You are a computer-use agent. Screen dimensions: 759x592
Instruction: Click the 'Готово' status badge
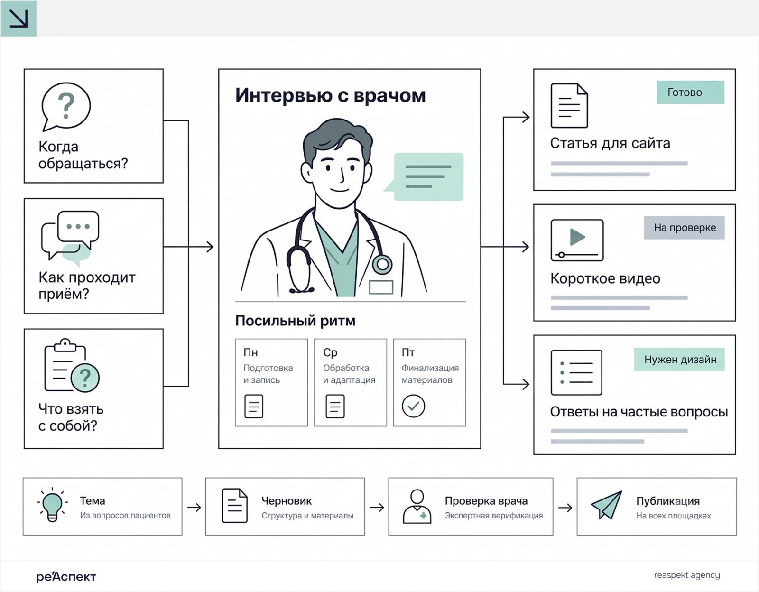point(690,92)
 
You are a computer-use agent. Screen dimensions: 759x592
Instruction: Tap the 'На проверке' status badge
point(684,228)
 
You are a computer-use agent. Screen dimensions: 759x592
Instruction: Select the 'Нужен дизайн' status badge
point(679,360)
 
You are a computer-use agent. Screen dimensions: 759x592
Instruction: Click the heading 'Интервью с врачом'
point(331,95)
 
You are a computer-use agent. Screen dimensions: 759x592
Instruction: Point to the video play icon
point(577,240)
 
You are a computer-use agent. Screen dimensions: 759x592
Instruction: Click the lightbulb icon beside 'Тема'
point(52,505)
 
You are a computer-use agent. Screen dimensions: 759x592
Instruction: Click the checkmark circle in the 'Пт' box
point(413,406)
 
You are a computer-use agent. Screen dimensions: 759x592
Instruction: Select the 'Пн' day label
point(250,353)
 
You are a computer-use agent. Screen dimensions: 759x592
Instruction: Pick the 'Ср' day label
point(330,353)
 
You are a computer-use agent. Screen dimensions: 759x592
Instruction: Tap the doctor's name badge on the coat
point(381,287)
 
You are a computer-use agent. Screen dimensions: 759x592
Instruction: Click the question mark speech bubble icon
point(65,107)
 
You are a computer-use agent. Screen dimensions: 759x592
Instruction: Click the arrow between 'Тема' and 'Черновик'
point(194,507)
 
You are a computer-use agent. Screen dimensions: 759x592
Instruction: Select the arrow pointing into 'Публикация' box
point(565,507)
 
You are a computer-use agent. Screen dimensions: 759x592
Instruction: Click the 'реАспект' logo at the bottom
point(66,576)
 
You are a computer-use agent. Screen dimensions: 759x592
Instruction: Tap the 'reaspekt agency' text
point(687,575)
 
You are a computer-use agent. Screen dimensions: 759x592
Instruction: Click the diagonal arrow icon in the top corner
point(19,18)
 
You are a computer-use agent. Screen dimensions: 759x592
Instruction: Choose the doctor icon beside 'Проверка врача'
point(417,507)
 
